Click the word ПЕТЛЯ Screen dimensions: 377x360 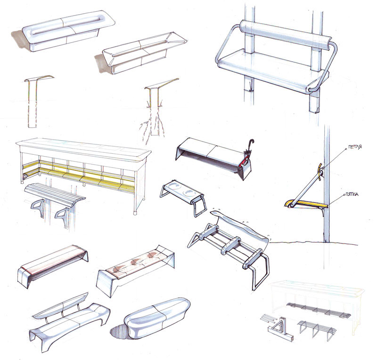tap(355, 146)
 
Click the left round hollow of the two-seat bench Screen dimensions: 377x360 tap(172, 187)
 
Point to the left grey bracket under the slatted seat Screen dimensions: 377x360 tap(38, 207)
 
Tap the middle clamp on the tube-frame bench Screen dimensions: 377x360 tap(231, 245)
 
